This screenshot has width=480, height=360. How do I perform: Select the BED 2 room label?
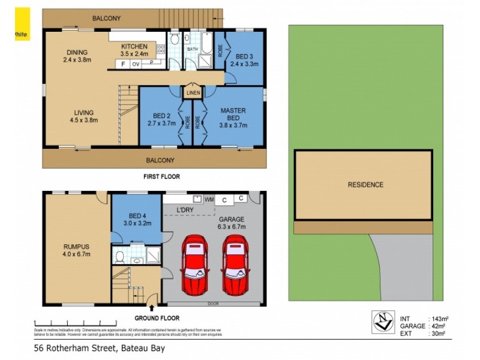tap(163, 119)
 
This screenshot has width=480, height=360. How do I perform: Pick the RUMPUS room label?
tap(76, 249)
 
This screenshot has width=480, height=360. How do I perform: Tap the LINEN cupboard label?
tap(193, 93)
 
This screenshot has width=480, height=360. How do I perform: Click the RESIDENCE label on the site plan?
tap(365, 185)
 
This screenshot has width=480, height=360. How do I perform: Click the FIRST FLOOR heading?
tap(161, 177)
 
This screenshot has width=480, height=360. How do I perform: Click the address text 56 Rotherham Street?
tap(100, 348)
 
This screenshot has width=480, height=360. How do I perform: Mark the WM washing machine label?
tap(209, 199)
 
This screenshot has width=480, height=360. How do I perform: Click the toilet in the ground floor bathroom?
tap(120, 258)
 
